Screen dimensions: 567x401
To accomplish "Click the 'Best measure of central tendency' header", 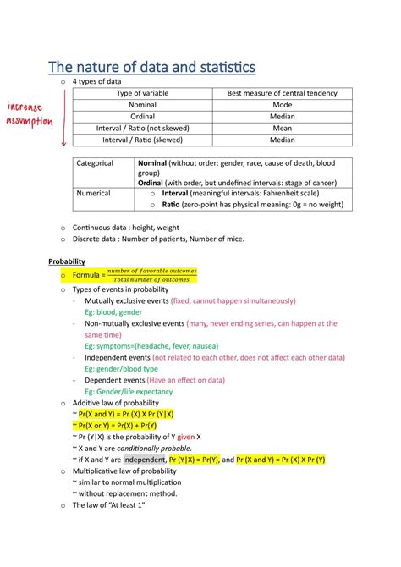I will click(x=282, y=92).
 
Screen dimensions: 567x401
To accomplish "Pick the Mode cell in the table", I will click(x=282, y=104).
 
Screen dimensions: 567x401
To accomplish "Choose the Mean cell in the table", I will click(x=282, y=128).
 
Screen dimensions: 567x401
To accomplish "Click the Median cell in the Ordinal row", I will click(x=282, y=116).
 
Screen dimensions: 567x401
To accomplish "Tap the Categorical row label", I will click(x=94, y=162).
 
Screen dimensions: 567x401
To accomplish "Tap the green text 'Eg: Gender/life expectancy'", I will click(x=129, y=392).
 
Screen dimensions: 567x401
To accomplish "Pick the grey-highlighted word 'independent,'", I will click(x=145, y=459).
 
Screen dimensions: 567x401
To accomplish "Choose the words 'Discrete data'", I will click(x=96, y=239).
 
